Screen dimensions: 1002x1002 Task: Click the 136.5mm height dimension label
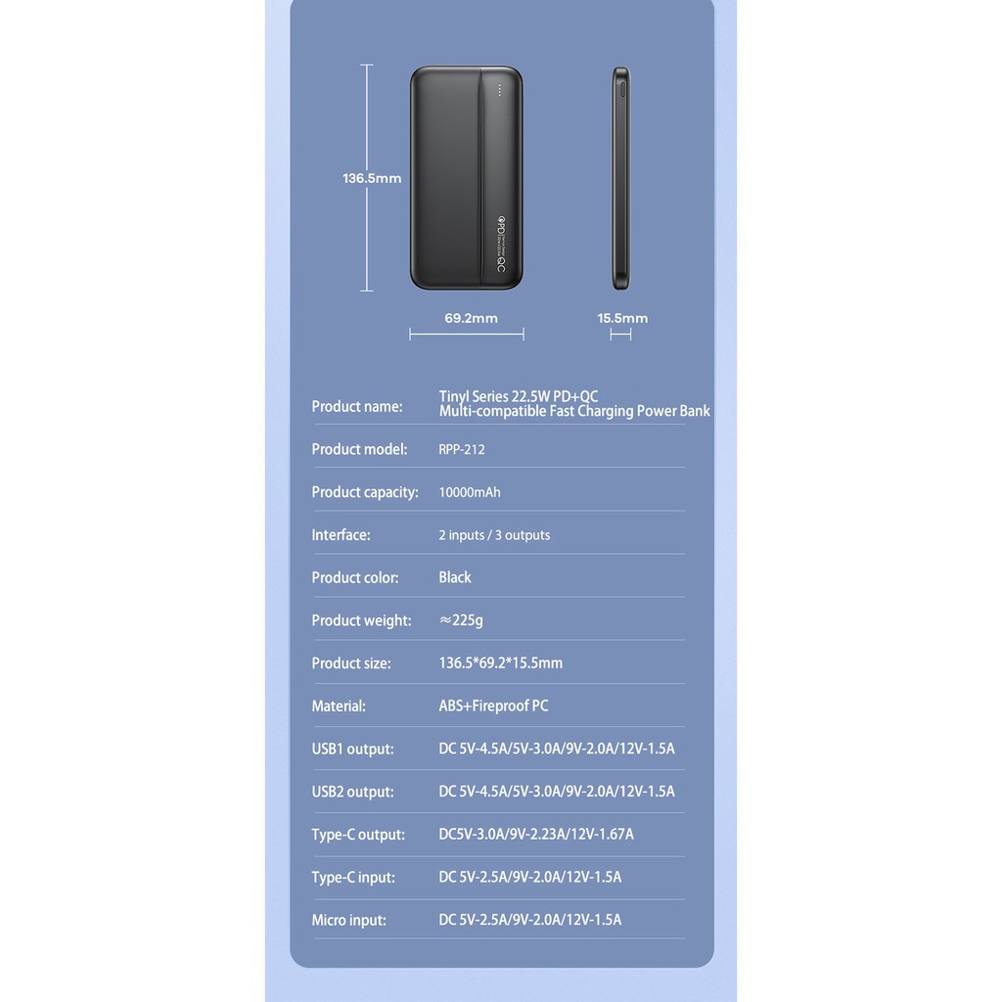[x=372, y=178]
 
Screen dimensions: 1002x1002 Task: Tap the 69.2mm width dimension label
[x=471, y=318]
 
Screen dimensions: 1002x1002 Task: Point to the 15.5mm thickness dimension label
[x=622, y=318]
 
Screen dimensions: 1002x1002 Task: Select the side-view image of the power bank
[x=620, y=178]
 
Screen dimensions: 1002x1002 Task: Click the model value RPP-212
[x=462, y=449]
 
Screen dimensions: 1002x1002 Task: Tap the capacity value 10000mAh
[x=470, y=492]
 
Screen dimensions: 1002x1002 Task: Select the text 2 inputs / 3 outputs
[x=494, y=535]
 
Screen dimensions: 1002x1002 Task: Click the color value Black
[x=455, y=577]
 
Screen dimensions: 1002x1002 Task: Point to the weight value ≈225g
[x=461, y=620]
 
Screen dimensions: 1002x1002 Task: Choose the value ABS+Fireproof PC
[x=493, y=706]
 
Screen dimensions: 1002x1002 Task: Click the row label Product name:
[x=357, y=406]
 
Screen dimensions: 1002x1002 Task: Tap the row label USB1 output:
[x=352, y=749]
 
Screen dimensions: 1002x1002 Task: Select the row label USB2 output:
[x=352, y=792]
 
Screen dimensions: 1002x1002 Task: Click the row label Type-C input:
[x=353, y=877]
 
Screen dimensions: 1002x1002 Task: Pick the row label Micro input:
[x=348, y=920]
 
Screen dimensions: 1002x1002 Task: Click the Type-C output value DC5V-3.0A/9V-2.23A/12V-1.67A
[x=536, y=835]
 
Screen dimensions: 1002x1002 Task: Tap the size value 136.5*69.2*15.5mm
[x=500, y=663]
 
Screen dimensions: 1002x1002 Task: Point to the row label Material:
[x=339, y=706]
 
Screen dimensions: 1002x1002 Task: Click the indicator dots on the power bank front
[x=498, y=90]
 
